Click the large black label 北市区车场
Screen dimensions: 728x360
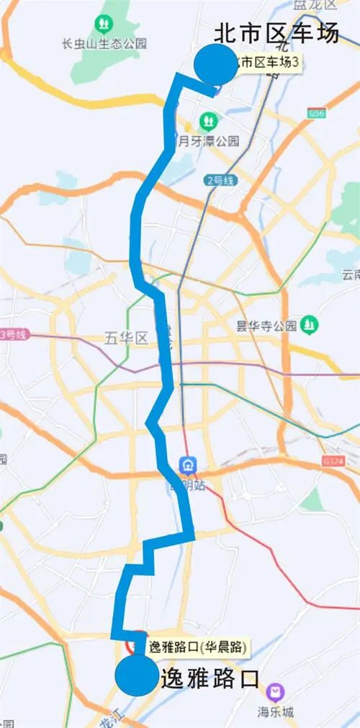click(276, 33)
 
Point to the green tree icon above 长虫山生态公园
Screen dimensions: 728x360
click(105, 24)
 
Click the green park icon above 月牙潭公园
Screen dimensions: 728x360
click(208, 119)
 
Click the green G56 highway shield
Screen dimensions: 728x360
click(316, 114)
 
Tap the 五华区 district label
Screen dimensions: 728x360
click(125, 337)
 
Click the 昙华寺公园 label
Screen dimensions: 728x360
click(266, 325)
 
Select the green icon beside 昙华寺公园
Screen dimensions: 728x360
click(309, 325)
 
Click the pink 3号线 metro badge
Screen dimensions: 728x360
click(13, 334)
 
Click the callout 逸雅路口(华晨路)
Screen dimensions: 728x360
click(197, 647)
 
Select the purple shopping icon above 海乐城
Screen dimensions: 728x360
click(274, 693)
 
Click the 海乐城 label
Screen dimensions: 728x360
click(276, 712)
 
